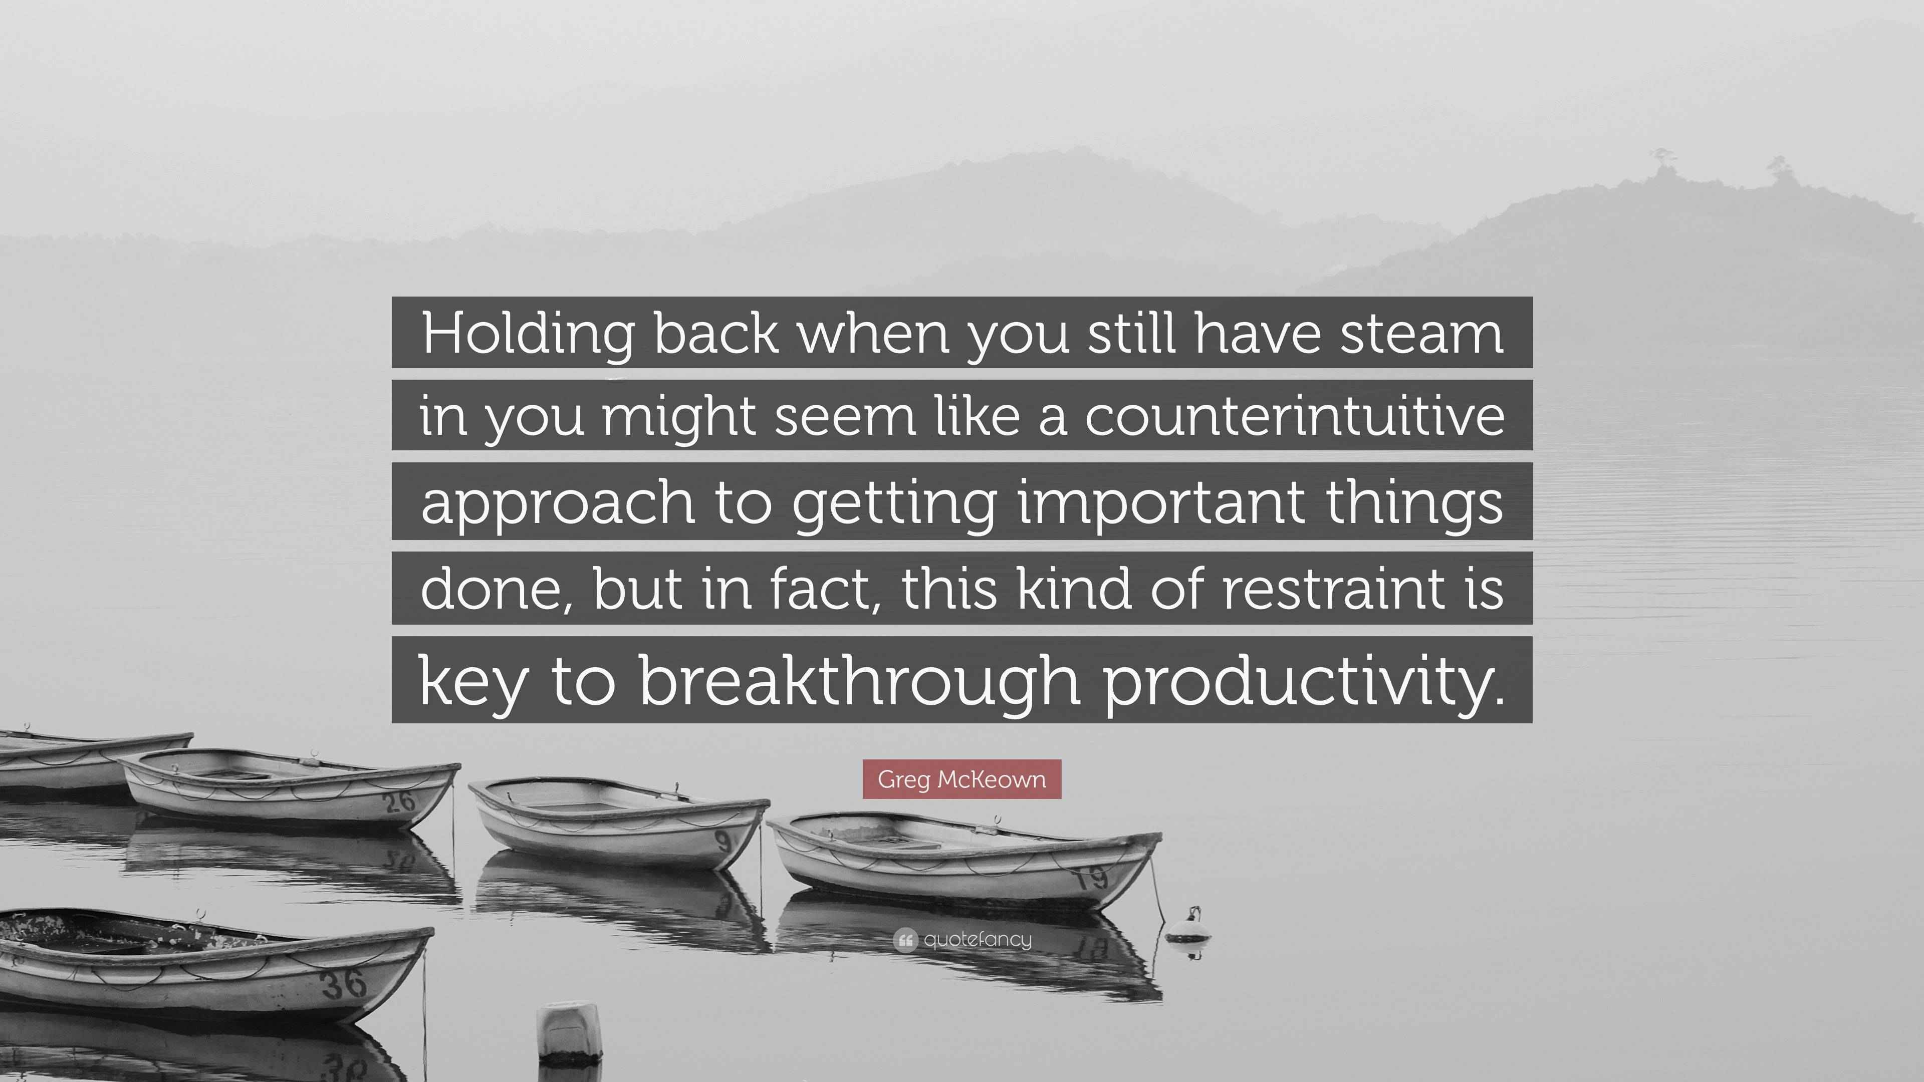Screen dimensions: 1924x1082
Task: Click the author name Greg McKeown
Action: (962, 779)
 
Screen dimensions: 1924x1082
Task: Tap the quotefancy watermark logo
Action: (962, 939)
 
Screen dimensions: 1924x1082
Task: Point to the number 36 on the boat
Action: (344, 983)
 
